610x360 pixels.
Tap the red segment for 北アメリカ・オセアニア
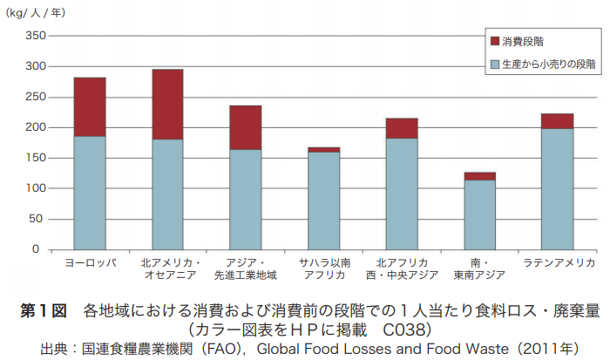pos(167,104)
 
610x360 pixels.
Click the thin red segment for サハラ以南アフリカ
pos(323,150)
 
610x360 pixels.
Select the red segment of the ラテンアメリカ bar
pos(557,121)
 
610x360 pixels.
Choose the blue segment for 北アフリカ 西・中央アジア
pos(402,194)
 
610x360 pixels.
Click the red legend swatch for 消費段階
pos(495,41)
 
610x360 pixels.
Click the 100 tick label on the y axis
pos(31,188)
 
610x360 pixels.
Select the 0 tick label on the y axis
pos(37,249)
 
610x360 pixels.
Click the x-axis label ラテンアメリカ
pos(558,262)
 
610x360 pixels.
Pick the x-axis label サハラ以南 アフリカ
pos(323,268)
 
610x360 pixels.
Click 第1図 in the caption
pos(43,310)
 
